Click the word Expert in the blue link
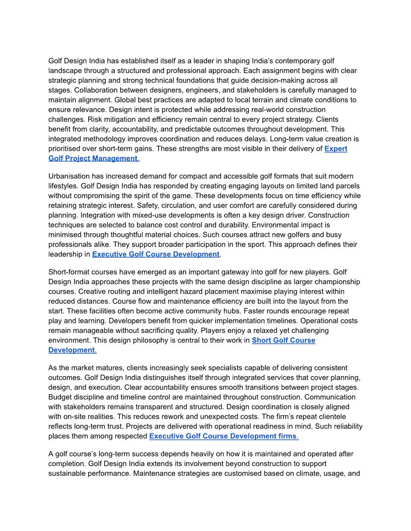click(335, 149)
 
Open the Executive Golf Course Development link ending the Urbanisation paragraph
click(156, 254)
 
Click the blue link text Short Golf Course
click(284, 340)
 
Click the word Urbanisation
click(71, 176)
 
